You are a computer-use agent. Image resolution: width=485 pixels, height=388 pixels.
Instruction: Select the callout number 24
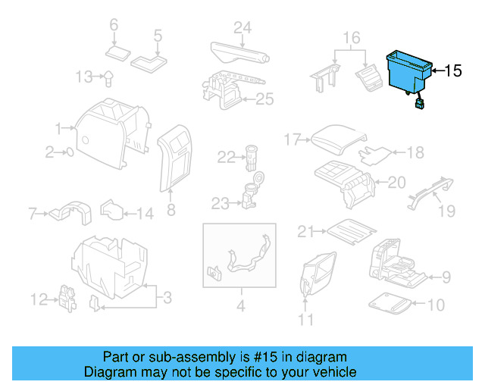pyautogui.click(x=241, y=29)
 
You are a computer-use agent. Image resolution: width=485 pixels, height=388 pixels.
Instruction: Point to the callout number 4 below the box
pyautogui.click(x=241, y=307)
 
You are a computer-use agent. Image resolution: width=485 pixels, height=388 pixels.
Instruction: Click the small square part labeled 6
pyautogui.click(x=117, y=52)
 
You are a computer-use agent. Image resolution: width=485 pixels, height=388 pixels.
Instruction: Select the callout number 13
pyautogui.click(x=86, y=77)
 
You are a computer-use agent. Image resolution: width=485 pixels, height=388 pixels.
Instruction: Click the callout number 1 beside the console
pyautogui.click(x=59, y=128)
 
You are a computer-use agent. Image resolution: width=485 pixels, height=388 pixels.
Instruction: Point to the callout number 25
pyautogui.click(x=263, y=99)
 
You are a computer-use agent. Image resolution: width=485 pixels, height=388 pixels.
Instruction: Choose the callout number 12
pyautogui.click(x=38, y=302)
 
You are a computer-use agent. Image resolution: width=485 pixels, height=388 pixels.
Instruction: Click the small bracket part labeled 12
pyautogui.click(x=67, y=299)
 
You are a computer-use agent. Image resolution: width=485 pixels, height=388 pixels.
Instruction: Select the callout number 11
pyautogui.click(x=305, y=319)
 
